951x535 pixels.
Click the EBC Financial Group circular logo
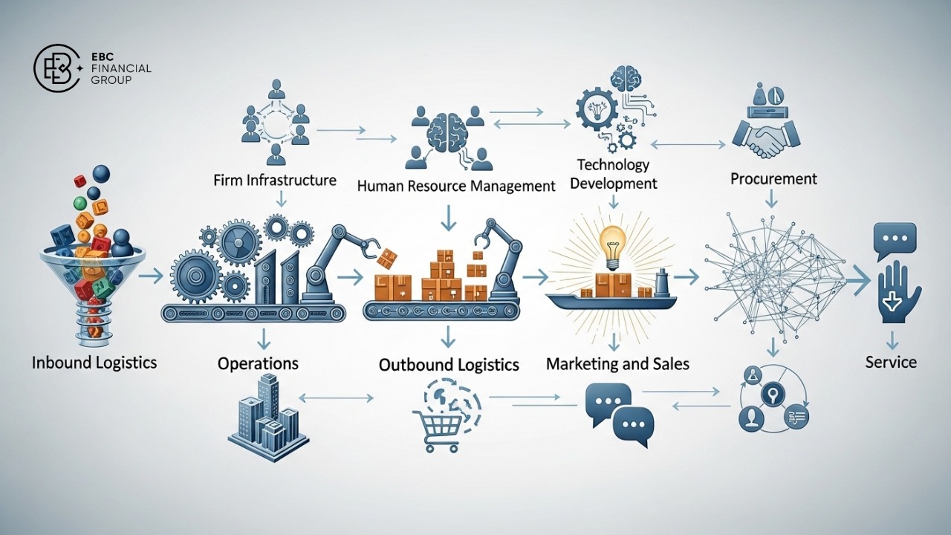(58, 68)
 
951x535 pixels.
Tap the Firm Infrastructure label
(274, 181)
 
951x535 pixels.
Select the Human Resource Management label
(456, 186)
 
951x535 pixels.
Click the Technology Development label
(614, 174)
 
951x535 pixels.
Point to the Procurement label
(773, 178)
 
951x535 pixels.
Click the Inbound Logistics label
(94, 363)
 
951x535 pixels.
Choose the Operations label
(258, 363)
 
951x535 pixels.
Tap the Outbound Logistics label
(449, 365)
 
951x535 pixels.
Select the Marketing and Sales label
(617, 364)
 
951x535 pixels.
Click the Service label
(891, 363)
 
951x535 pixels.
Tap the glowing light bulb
(613, 244)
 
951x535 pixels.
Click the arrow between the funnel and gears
(151, 276)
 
